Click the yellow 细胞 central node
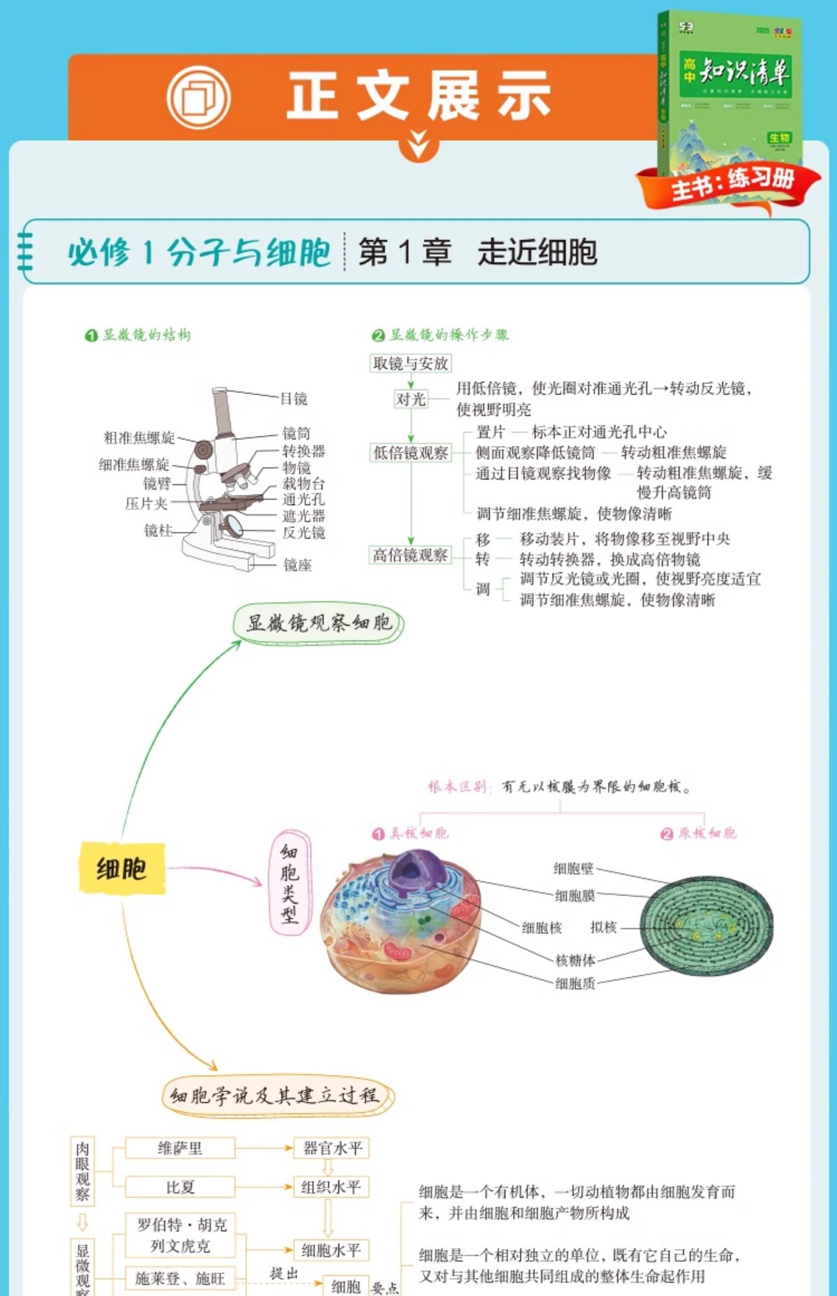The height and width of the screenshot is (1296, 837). click(121, 869)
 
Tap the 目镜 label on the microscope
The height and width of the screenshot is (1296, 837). click(294, 399)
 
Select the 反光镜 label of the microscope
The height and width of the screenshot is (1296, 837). click(303, 532)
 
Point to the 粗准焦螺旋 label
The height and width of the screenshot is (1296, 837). click(139, 438)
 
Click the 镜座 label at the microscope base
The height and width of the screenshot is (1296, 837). click(297, 565)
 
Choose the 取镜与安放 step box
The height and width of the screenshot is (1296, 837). click(410, 363)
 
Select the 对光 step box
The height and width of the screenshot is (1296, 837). click(410, 399)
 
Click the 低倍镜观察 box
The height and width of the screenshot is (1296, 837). click(410, 453)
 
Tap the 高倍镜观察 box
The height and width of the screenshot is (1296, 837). click(410, 556)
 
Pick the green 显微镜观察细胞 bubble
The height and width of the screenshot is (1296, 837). click(319, 623)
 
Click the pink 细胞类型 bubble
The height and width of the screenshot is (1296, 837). click(289, 883)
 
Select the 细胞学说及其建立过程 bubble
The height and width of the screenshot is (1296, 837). click(278, 1095)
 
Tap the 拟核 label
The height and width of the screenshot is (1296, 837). click(603, 928)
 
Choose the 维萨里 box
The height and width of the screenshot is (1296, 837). click(180, 1148)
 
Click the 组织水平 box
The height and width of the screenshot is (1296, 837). click(331, 1187)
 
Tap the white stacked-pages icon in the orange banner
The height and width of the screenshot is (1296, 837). click(199, 97)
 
